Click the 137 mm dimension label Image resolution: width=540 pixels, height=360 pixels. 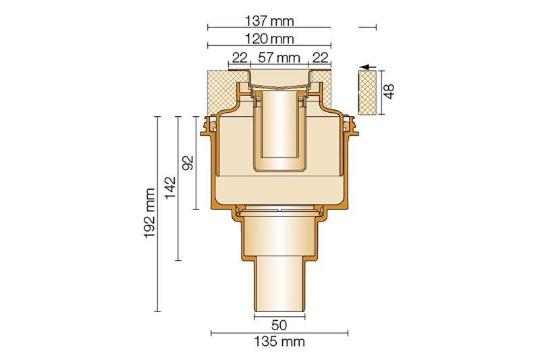click(x=269, y=21)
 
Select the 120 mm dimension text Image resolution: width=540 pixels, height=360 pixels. click(x=269, y=38)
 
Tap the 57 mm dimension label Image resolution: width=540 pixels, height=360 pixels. click(x=279, y=57)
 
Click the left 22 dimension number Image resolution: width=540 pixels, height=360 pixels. click(x=240, y=57)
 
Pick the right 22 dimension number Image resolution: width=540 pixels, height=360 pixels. click(x=320, y=57)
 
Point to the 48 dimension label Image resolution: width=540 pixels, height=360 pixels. click(x=389, y=91)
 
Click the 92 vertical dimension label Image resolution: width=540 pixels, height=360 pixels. click(x=188, y=163)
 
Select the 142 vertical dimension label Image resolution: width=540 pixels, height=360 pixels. click(x=170, y=188)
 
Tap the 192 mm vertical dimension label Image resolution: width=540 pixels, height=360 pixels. click(x=150, y=213)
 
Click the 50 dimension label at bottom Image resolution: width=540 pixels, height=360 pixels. click(x=279, y=325)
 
